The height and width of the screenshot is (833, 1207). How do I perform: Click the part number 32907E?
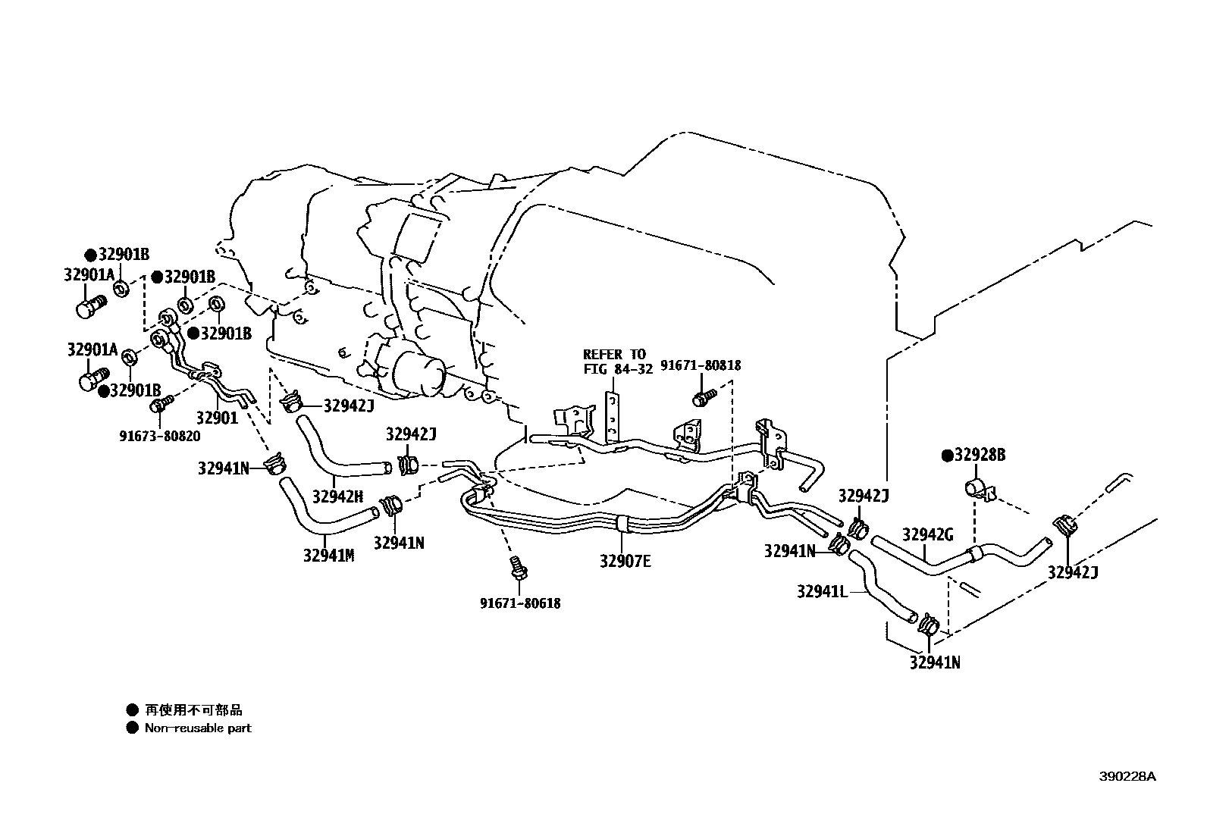[625, 562]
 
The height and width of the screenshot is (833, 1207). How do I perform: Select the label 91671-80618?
[520, 604]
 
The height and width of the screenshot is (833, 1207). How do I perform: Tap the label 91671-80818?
[701, 365]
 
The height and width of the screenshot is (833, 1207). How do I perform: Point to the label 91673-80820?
[159, 436]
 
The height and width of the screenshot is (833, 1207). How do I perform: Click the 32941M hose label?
[329, 556]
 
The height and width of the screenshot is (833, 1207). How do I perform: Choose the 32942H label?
[337, 496]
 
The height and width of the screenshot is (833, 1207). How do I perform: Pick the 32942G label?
[927, 535]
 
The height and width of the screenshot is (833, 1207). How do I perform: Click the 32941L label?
[822, 591]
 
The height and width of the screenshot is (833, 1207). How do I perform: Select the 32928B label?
[978, 456]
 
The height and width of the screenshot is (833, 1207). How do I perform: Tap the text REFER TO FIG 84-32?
[614, 362]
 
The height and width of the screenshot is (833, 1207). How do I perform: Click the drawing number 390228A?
[1128, 777]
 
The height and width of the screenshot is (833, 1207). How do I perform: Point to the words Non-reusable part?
[198, 728]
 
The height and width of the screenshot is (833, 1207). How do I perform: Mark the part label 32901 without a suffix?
[217, 418]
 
